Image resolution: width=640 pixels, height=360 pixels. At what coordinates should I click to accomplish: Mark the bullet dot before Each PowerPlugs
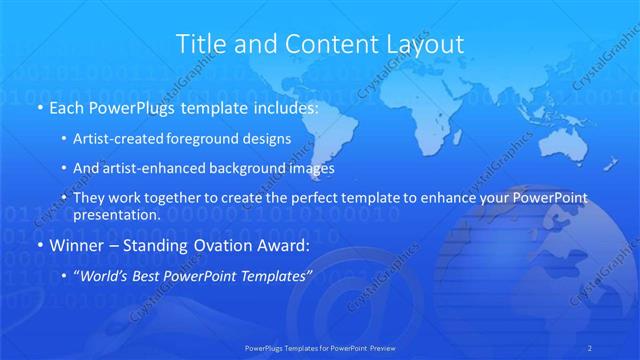39,107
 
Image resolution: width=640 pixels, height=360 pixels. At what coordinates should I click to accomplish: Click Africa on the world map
440,130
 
